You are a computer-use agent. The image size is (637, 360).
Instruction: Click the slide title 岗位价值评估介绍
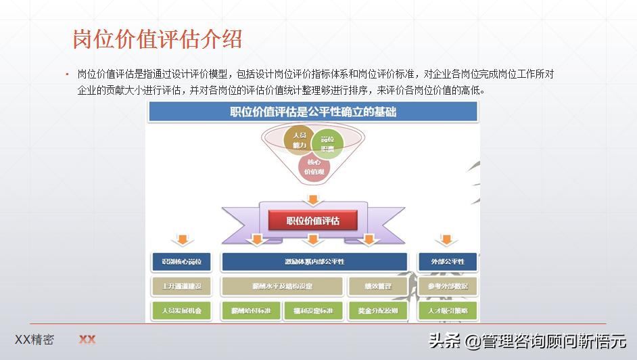click(157, 39)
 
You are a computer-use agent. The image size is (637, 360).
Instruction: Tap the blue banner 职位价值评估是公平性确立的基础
click(312, 112)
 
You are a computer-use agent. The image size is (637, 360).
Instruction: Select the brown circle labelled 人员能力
click(298, 140)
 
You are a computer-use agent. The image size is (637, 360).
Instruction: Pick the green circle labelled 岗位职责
click(328, 143)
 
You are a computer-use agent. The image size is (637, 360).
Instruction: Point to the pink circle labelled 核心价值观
click(314, 166)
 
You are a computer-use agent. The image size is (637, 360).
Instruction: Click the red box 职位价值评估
click(312, 221)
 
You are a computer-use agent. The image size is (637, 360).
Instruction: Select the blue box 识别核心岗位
click(181, 262)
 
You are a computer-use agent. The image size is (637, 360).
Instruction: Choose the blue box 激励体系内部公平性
click(314, 262)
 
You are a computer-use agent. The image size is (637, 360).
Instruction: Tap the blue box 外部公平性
click(448, 262)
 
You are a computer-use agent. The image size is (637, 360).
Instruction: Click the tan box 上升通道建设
click(181, 286)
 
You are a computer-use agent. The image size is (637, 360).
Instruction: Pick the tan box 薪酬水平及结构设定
click(282, 286)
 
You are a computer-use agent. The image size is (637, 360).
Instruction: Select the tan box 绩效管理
click(378, 286)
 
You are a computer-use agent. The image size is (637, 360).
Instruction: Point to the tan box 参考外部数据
click(448, 286)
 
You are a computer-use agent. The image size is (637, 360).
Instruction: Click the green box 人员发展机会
click(181, 311)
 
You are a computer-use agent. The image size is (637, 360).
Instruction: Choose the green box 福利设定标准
click(308, 311)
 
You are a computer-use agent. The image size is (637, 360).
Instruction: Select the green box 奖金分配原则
click(378, 311)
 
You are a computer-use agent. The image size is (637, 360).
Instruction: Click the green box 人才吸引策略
click(448, 311)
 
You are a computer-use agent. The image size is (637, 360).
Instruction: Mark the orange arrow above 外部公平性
click(446, 240)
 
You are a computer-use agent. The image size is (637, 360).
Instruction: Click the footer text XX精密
click(34, 340)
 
